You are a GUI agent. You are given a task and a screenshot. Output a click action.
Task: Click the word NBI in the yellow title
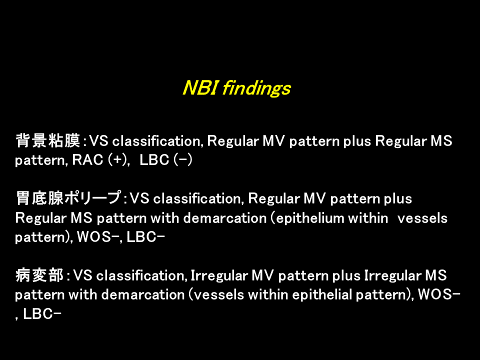(200, 88)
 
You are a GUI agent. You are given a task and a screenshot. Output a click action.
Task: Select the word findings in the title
(256, 89)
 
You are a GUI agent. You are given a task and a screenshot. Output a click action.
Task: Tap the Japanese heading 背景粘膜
(47, 140)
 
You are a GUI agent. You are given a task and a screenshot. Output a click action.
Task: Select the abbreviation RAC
(87, 160)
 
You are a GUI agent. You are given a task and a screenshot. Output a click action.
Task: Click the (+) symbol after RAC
(117, 160)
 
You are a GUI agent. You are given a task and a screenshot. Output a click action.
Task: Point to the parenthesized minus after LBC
(183, 160)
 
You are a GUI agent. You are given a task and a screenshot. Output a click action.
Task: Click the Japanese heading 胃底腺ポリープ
(68, 198)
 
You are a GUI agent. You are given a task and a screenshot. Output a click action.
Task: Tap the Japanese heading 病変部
(39, 275)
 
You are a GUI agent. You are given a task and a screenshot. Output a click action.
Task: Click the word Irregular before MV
(219, 276)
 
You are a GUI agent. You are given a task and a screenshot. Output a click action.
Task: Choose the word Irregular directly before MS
(392, 276)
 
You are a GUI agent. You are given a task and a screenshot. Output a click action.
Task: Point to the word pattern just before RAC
(41, 160)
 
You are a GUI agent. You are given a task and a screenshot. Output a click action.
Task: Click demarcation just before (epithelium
(224, 218)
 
